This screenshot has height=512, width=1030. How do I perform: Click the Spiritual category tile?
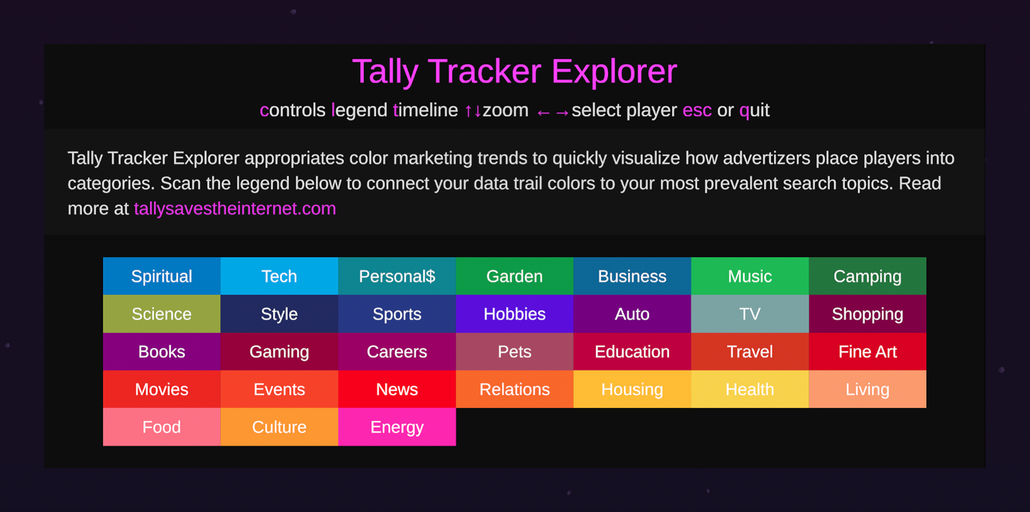click(161, 276)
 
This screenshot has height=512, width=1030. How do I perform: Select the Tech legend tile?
click(279, 276)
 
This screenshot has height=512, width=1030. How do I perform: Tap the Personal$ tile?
click(397, 276)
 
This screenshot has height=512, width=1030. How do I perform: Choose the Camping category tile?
click(867, 276)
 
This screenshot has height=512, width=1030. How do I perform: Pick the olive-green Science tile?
click(161, 314)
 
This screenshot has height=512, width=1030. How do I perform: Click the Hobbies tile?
click(514, 314)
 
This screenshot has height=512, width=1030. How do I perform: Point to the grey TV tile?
click(750, 314)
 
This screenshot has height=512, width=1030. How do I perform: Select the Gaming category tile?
click(279, 351)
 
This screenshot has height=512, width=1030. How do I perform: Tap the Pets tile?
click(514, 351)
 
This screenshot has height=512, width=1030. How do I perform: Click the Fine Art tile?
click(867, 351)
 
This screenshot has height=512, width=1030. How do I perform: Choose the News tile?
click(397, 389)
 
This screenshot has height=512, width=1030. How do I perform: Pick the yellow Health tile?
click(750, 389)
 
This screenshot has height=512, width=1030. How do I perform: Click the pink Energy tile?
click(397, 427)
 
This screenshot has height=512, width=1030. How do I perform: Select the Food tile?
click(161, 427)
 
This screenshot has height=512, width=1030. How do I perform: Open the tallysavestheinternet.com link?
click(235, 208)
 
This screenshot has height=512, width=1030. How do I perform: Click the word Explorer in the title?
click(614, 72)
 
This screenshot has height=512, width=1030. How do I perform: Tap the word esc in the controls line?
click(697, 110)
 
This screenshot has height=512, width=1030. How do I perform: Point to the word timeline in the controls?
click(425, 110)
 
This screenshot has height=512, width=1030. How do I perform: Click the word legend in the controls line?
click(359, 110)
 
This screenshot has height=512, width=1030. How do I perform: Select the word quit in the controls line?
click(754, 110)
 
